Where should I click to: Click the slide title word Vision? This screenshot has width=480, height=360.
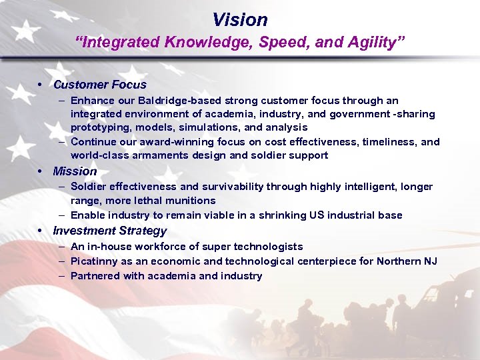pyautogui.click(x=239, y=19)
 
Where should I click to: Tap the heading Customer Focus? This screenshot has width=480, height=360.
pyautogui.click(x=99, y=85)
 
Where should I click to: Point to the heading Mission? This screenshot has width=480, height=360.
pyautogui.click(x=75, y=171)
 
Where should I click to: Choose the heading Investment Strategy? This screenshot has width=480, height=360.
pyautogui.click(x=109, y=231)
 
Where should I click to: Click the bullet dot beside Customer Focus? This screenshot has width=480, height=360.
pyautogui.click(x=41, y=85)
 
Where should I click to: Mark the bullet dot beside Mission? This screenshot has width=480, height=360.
pyautogui.click(x=41, y=171)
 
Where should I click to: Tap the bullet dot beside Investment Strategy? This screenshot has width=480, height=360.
pyautogui.click(x=41, y=231)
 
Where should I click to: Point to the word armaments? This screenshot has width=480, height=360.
pyautogui.click(x=160, y=155)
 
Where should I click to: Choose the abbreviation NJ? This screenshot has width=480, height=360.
pyautogui.click(x=430, y=261)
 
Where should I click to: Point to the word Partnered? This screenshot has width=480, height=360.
pyautogui.click(x=95, y=276)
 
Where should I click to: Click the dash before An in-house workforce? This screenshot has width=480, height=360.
pyautogui.click(x=61, y=247)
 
